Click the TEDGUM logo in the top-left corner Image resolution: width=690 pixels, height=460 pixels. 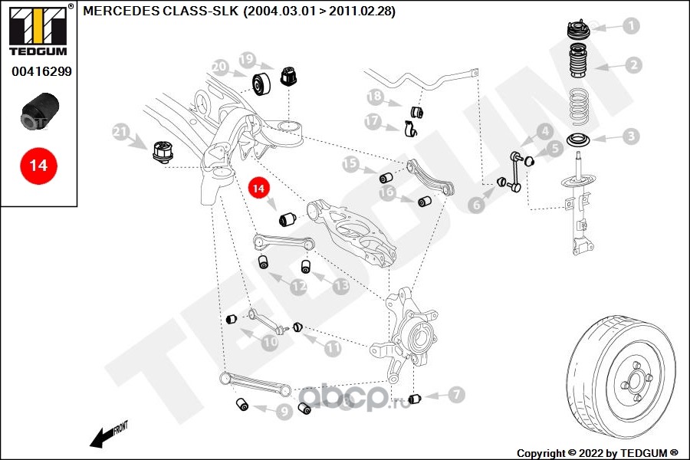[x=38, y=31]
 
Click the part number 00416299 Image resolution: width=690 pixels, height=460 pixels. [x=41, y=71]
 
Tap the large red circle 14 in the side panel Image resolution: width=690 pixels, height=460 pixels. [x=38, y=166]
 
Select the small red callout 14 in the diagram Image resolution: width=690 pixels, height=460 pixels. [x=258, y=189]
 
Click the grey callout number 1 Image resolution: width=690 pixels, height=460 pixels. [x=632, y=25]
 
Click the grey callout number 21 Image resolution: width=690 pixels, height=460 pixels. [x=120, y=132]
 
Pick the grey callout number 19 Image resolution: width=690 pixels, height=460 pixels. [x=248, y=59]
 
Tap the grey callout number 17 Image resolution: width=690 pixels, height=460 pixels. [x=373, y=121]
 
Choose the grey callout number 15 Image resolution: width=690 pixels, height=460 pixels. [x=350, y=164]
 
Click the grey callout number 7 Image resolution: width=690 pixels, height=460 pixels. [x=456, y=394]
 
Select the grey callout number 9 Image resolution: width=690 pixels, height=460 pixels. [x=284, y=412]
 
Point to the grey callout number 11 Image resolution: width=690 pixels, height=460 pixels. [x=333, y=348]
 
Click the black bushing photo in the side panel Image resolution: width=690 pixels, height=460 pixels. [x=40, y=110]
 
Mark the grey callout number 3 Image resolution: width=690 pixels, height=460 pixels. [x=632, y=136]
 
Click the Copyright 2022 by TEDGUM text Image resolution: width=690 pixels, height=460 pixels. [x=597, y=453]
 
